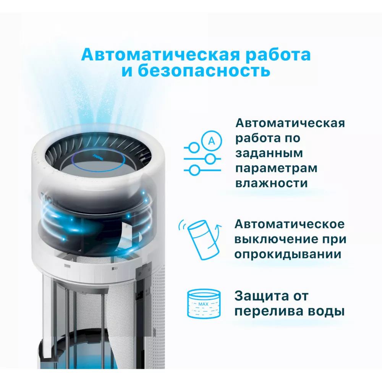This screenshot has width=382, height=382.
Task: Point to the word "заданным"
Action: (x=264, y=153)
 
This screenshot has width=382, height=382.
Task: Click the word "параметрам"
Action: (x=276, y=168)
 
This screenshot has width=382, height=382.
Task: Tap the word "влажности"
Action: (x=271, y=183)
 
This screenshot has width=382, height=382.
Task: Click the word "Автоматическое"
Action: (x=289, y=224)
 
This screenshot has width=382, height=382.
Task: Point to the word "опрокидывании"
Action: (x=288, y=254)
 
